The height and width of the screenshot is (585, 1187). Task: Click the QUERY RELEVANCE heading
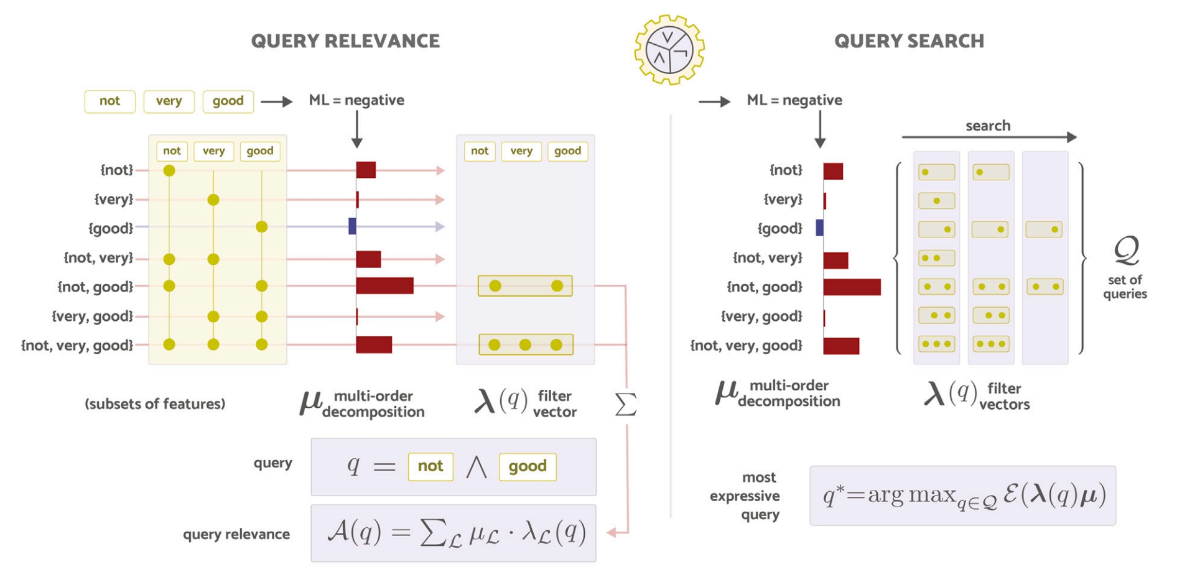point(345,41)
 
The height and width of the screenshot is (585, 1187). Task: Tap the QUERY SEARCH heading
point(909,41)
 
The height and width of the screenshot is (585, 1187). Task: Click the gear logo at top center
point(669,50)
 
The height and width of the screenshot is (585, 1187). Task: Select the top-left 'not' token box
point(110,101)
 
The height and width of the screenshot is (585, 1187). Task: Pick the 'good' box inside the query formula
point(528,466)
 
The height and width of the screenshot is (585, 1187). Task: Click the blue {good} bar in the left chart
point(352,226)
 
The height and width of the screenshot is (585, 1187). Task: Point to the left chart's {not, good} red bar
point(384,286)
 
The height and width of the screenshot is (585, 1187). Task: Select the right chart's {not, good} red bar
point(852,287)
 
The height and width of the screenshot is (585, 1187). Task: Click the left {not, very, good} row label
point(77,345)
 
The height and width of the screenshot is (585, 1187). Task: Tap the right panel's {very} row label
point(783,200)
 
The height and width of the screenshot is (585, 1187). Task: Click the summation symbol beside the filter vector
point(625,405)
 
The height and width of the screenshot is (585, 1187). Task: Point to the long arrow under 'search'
point(989,137)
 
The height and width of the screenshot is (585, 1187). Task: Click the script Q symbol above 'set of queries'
point(1126,251)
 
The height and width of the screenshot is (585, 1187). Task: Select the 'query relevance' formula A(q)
point(456,533)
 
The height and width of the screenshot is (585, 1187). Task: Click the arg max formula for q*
point(964,495)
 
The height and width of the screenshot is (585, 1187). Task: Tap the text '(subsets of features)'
point(155,404)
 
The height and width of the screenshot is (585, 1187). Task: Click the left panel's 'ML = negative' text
point(356,100)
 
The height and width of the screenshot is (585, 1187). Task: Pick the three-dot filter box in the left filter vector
point(526,344)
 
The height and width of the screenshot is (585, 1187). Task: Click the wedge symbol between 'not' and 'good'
point(477,466)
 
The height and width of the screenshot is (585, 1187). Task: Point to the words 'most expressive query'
point(745,496)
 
